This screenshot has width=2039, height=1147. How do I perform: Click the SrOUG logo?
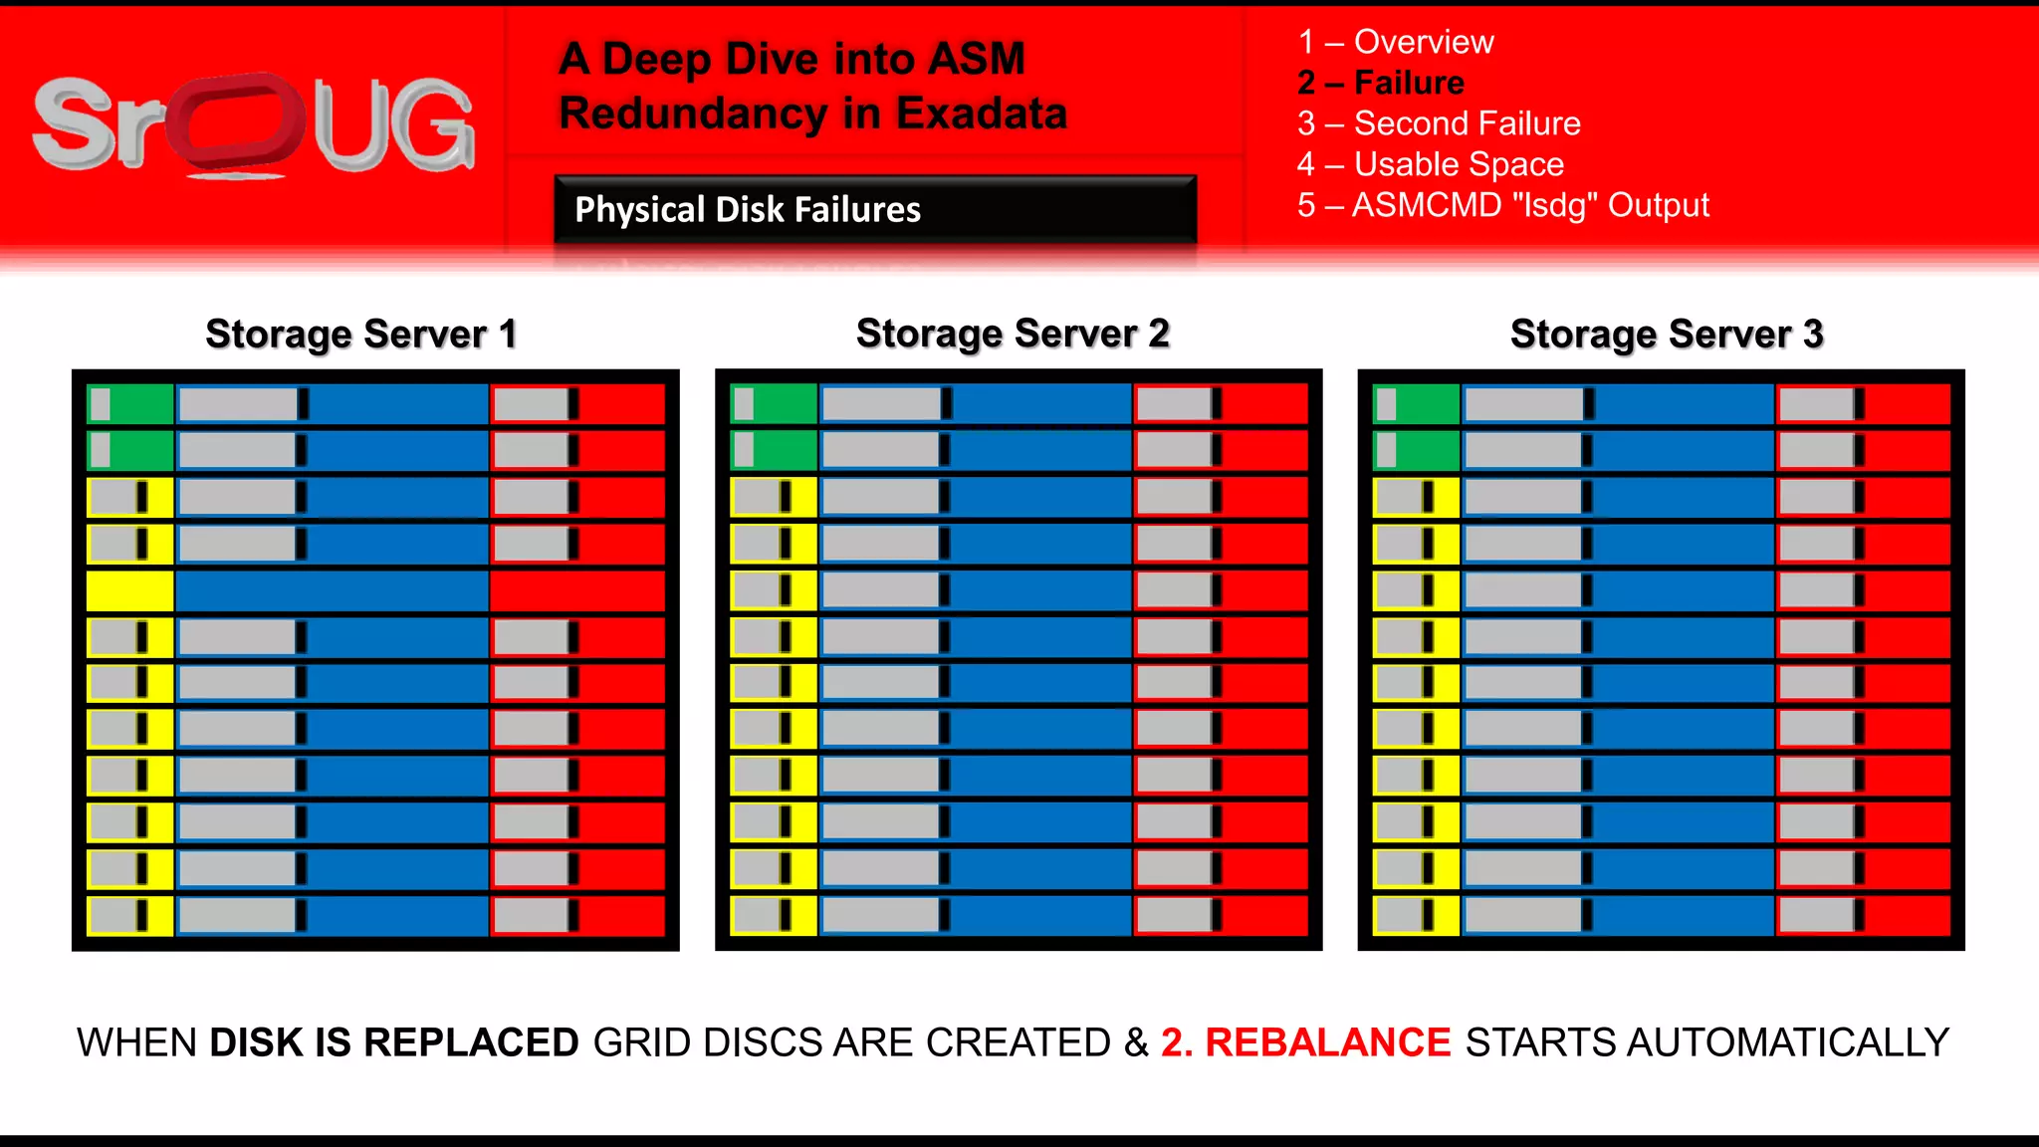[254, 125]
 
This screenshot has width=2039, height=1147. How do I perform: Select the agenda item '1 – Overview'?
[1395, 42]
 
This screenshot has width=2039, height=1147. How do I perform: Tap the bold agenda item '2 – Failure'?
[1380, 83]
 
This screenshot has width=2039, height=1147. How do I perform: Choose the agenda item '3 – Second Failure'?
[1439, 123]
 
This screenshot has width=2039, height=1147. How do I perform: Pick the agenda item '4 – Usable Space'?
[1430, 164]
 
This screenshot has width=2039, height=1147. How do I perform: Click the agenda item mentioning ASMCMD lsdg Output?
[1502, 205]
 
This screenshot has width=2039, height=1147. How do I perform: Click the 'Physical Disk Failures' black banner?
[875, 209]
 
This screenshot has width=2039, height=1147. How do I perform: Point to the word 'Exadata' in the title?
[981, 114]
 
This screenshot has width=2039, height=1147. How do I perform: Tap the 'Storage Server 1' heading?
[361, 335]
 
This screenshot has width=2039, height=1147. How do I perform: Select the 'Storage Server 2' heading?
[1013, 334]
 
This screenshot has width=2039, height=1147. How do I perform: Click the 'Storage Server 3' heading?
[1667, 335]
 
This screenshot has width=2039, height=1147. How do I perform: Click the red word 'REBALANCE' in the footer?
[1327, 1042]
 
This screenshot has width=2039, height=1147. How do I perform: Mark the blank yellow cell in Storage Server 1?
[130, 590]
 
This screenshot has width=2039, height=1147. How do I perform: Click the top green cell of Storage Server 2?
[774, 404]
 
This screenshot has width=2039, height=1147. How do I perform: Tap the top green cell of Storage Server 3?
[1416, 404]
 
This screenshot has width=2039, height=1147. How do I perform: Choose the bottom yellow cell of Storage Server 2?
[774, 916]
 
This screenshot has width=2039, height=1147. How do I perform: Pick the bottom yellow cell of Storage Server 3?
[1416, 916]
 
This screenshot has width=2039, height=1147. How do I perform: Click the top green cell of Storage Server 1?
[130, 404]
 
